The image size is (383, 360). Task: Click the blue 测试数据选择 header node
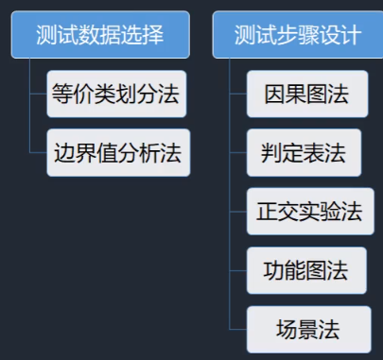[x=100, y=36]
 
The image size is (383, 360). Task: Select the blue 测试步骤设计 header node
[x=298, y=36]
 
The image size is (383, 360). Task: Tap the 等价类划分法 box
[x=117, y=94]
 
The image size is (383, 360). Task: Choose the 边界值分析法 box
[x=117, y=152]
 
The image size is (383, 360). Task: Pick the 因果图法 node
[x=304, y=95]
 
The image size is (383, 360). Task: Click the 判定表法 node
[x=304, y=153]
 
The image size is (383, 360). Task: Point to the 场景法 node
[x=304, y=329]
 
